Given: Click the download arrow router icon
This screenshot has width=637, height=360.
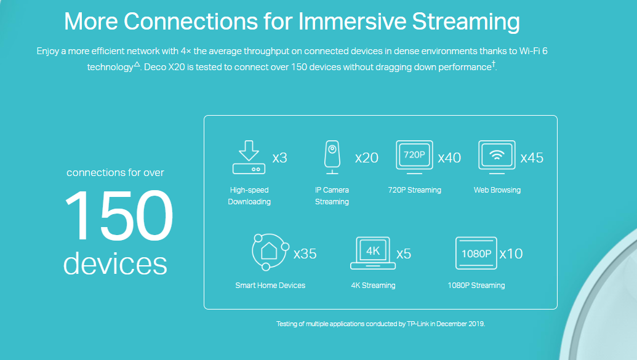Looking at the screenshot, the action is coord(249,158).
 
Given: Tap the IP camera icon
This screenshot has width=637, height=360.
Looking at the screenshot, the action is coord(332,158).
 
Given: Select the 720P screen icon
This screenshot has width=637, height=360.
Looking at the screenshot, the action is coord(414,158).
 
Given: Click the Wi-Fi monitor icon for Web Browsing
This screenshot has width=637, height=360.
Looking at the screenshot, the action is coord(497,158).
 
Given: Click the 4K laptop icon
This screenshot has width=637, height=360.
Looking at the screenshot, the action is coord(373,253).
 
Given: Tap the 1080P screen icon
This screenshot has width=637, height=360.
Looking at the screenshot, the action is coord(476,253).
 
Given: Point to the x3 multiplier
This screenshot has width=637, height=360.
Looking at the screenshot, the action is coord(280,158).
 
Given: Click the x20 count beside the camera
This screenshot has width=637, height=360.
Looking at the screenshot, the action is coord(366,158).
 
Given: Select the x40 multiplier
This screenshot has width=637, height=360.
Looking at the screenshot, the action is coord(449,158).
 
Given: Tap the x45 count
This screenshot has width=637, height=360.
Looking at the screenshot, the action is coord(532,158).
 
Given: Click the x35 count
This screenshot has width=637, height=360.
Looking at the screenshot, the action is coord(305,254).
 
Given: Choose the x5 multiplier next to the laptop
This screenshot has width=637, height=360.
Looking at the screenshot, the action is coord(404,254).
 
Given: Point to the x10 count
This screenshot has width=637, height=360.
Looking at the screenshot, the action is coord(511,254).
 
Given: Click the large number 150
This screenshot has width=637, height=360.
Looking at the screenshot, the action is coord(119,215).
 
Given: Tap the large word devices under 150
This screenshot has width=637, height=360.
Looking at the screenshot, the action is coord(115,263).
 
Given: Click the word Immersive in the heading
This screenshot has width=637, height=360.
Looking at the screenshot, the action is coord(352,21).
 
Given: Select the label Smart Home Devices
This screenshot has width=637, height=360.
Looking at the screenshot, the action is coord(270,286).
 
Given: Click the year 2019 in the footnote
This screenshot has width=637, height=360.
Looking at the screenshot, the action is coord(476,324).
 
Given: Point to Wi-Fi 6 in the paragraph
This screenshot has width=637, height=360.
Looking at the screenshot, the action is coord(534,51).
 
